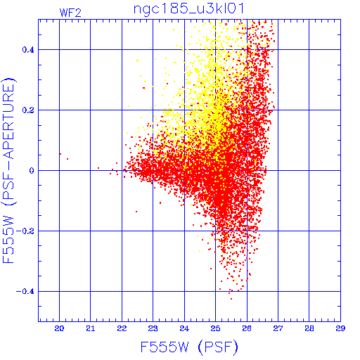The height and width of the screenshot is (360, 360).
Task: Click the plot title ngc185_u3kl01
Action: (x=189, y=9)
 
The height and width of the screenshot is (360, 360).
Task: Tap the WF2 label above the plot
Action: (x=70, y=13)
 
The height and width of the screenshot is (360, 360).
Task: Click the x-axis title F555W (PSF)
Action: (x=189, y=347)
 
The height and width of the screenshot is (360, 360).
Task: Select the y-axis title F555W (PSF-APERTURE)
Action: (x=8, y=170)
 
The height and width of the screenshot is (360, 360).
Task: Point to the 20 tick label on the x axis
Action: (x=59, y=328)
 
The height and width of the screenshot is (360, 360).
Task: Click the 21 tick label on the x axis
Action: (x=91, y=328)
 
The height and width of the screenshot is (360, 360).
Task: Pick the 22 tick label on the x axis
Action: (x=122, y=328)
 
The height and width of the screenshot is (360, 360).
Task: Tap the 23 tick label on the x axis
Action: (x=153, y=328)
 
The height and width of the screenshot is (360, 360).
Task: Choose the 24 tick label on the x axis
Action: (x=184, y=328)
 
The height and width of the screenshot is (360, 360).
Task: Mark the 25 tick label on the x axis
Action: (x=216, y=328)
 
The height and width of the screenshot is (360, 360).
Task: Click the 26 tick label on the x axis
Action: (x=247, y=328)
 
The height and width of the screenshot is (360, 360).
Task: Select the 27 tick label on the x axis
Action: (x=278, y=328)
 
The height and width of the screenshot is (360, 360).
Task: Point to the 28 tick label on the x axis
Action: (x=309, y=328)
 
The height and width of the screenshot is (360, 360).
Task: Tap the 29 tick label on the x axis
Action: (x=340, y=328)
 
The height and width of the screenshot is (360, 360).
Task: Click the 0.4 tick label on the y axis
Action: (x=28, y=50)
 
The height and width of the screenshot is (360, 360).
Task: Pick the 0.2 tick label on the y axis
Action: (x=28, y=110)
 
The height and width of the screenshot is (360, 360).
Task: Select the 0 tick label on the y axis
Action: (x=32, y=171)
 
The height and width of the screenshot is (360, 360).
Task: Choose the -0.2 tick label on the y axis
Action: (x=25, y=231)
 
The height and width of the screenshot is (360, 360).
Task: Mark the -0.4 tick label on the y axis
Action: (x=25, y=292)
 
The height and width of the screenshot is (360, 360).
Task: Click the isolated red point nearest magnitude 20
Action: (x=60, y=154)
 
